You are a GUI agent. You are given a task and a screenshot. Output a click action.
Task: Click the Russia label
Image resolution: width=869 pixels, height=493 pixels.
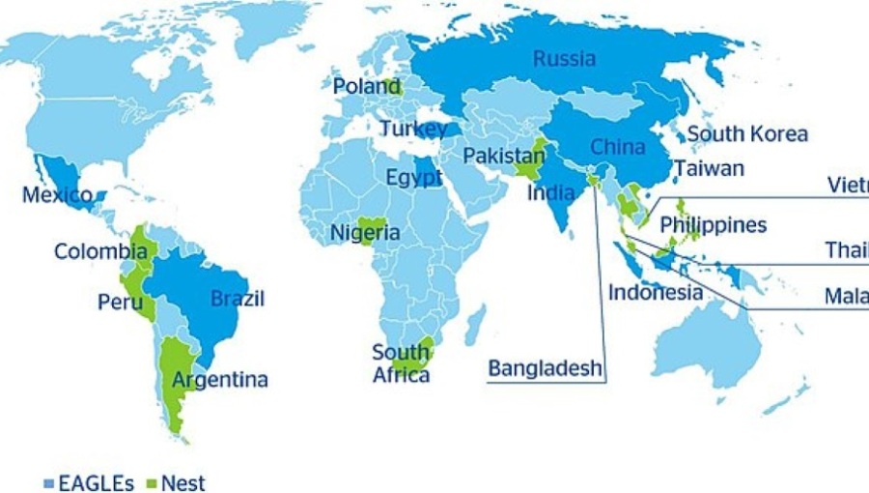coord(564,59)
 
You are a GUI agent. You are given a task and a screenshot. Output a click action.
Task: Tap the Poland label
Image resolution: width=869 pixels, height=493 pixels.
coord(367,87)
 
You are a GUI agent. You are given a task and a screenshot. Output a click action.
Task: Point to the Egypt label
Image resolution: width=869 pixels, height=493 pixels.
coord(413,178)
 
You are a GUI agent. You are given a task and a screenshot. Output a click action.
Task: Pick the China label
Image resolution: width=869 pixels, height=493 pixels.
coord(617,147)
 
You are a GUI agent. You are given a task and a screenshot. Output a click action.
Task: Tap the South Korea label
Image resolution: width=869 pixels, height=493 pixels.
coord(747,134)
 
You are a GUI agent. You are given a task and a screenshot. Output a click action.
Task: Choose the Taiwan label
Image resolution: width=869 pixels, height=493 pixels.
coord(710,168)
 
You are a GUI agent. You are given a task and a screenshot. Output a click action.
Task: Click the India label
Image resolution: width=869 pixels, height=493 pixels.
coord(551,192)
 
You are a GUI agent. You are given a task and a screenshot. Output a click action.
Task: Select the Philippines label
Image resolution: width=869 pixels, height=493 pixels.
coord(714,225)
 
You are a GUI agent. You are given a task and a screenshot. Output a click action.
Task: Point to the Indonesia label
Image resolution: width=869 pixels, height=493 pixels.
coord(656,291)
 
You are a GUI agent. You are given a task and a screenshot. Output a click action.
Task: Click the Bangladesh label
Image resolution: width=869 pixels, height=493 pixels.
coord(545,368)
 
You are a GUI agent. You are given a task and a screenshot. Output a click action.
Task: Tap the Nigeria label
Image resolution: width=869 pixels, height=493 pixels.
coord(365,233)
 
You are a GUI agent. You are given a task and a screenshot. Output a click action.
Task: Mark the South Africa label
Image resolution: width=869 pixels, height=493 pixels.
coord(401,363)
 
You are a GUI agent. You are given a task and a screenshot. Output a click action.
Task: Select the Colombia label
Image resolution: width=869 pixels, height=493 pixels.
coord(100,251)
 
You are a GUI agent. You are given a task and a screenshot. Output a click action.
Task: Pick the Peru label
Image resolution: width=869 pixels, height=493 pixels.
coord(120,302)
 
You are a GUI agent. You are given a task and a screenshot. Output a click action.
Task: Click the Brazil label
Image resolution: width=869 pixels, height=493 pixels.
coord(238,298)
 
